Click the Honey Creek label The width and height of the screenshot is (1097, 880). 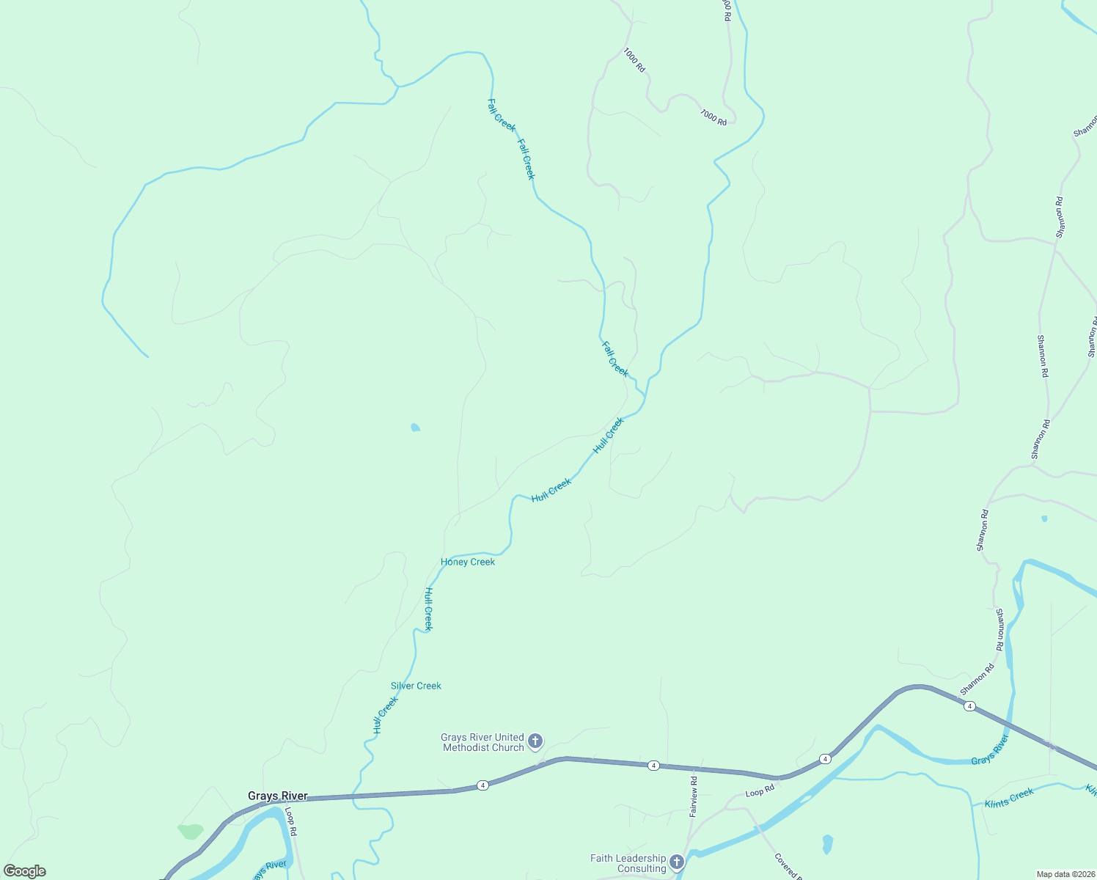click(468, 562)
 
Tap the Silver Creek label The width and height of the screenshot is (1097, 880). click(416, 686)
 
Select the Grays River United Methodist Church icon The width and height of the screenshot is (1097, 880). click(535, 741)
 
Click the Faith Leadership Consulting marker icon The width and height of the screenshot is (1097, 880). click(677, 862)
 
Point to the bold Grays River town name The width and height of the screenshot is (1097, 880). click(277, 796)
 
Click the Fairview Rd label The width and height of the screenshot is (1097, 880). click(693, 797)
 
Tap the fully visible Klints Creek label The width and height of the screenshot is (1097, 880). click(1009, 799)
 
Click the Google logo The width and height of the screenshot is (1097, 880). click(25, 871)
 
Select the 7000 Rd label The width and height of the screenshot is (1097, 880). click(713, 117)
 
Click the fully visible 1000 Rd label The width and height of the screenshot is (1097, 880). click(634, 60)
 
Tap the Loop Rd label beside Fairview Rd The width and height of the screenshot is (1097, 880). click(760, 792)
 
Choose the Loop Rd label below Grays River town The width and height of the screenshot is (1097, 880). click(291, 821)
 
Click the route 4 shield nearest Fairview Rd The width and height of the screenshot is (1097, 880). click(653, 766)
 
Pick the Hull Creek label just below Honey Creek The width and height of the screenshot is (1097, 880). click(429, 609)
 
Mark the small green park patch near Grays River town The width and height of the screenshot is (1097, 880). click(191, 832)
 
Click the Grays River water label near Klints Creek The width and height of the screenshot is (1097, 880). click(990, 750)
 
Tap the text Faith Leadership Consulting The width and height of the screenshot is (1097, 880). click(628, 864)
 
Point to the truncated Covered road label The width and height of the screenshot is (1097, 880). click(788, 866)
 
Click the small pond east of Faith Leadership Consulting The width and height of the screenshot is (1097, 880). click(828, 844)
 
